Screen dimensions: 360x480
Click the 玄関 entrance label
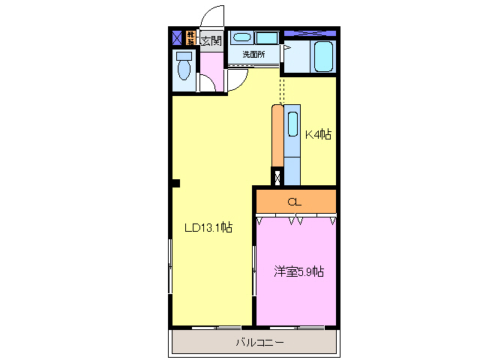pos(211,40)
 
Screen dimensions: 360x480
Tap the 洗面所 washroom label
pos(254,55)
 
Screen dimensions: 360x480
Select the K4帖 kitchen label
pos(317,135)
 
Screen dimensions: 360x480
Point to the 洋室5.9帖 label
pos(298,271)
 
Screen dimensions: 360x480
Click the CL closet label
pos(295,202)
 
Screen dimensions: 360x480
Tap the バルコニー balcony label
pos(259,343)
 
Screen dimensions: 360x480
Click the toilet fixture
pos(184,67)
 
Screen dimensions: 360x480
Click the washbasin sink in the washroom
pos(240,37)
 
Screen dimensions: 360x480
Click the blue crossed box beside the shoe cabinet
pos(177,37)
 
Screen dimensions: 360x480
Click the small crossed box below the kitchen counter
pos(277,178)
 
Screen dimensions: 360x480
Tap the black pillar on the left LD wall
pos(175,182)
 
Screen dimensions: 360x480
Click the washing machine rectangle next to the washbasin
pos(266,37)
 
